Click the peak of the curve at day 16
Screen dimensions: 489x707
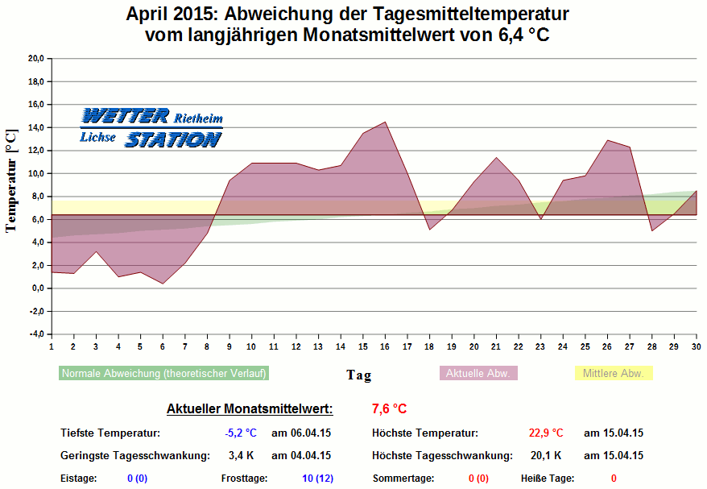tap(385, 122)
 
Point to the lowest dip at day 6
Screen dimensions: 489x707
tap(163, 284)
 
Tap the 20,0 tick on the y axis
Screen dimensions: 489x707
tap(36, 58)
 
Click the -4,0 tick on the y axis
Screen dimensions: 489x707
tap(36, 334)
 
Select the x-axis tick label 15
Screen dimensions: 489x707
tap(362, 346)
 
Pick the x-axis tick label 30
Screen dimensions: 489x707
tap(696, 346)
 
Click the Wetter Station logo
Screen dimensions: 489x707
tap(151, 128)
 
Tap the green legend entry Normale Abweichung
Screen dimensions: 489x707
tap(163, 373)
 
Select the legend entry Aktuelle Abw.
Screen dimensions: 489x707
tap(478, 373)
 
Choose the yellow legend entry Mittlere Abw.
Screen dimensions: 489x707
tap(613, 373)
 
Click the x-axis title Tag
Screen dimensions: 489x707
tap(359, 375)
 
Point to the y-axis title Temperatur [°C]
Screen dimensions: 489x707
tap(10, 180)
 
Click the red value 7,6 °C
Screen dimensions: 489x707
tap(390, 408)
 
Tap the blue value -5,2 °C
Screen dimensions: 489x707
tap(241, 433)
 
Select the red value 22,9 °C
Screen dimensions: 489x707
tap(546, 433)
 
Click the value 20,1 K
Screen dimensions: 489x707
tap(546, 455)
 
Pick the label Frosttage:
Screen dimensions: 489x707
tap(245, 479)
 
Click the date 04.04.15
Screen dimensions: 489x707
tap(301, 455)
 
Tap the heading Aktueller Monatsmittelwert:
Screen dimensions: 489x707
tap(249, 408)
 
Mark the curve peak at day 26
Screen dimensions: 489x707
tap(607, 140)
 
